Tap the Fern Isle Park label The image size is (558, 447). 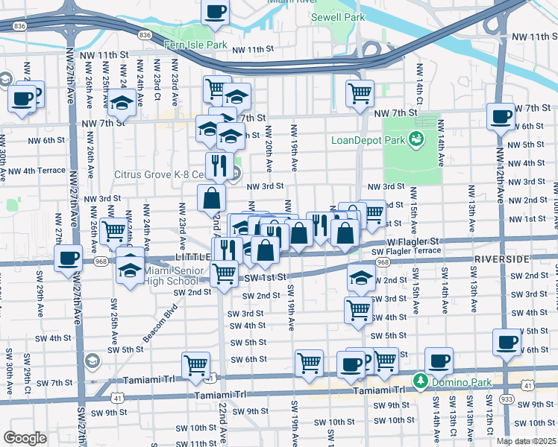click(195, 45)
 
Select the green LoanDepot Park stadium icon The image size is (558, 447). click(416, 139)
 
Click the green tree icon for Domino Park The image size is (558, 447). click(420, 381)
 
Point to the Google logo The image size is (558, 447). click(24, 438)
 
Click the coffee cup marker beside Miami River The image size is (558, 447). click(216, 13)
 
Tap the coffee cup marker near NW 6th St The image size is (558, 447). click(500, 116)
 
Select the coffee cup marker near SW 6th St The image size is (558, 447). click(507, 343)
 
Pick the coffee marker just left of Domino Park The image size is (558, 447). click(438, 361)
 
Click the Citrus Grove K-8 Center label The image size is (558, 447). click(169, 175)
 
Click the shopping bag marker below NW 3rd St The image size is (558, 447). click(212, 198)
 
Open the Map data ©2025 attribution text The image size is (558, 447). click(526, 441)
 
